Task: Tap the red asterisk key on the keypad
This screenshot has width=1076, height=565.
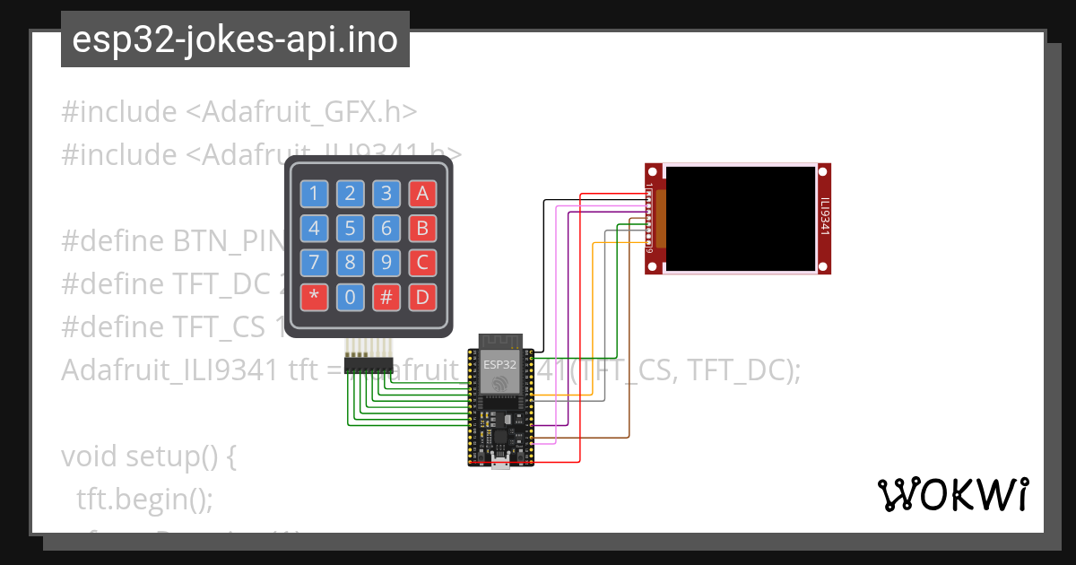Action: pos(314,298)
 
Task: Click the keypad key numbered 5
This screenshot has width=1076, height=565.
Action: pos(351,228)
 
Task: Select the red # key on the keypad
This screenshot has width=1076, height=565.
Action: pos(386,298)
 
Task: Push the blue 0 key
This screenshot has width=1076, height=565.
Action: pos(351,298)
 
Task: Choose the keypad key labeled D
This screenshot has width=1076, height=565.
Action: pos(422,298)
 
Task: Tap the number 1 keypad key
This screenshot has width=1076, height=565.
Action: pos(314,193)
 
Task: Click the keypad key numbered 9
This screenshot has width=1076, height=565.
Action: pos(386,263)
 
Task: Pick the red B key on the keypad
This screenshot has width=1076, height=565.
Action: pos(422,228)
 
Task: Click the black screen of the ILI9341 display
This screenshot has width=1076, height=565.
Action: pos(741,219)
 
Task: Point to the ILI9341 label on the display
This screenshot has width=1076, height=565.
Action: pos(824,218)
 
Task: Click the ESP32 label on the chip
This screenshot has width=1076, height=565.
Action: pos(499,365)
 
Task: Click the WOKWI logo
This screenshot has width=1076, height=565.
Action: pos(952,494)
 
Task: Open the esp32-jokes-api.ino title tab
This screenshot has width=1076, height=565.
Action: pos(235,39)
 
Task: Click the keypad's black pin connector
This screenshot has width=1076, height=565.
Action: pos(369,366)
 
